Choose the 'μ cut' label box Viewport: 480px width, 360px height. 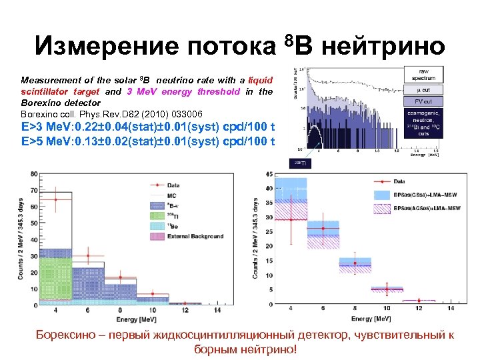pyautogui.click(x=422, y=89)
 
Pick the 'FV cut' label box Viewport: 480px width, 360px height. pyautogui.click(x=422, y=102)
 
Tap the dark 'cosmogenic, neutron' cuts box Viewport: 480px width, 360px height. pyautogui.click(x=422, y=123)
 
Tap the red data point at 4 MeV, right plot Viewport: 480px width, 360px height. pyautogui.click(x=291, y=219)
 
